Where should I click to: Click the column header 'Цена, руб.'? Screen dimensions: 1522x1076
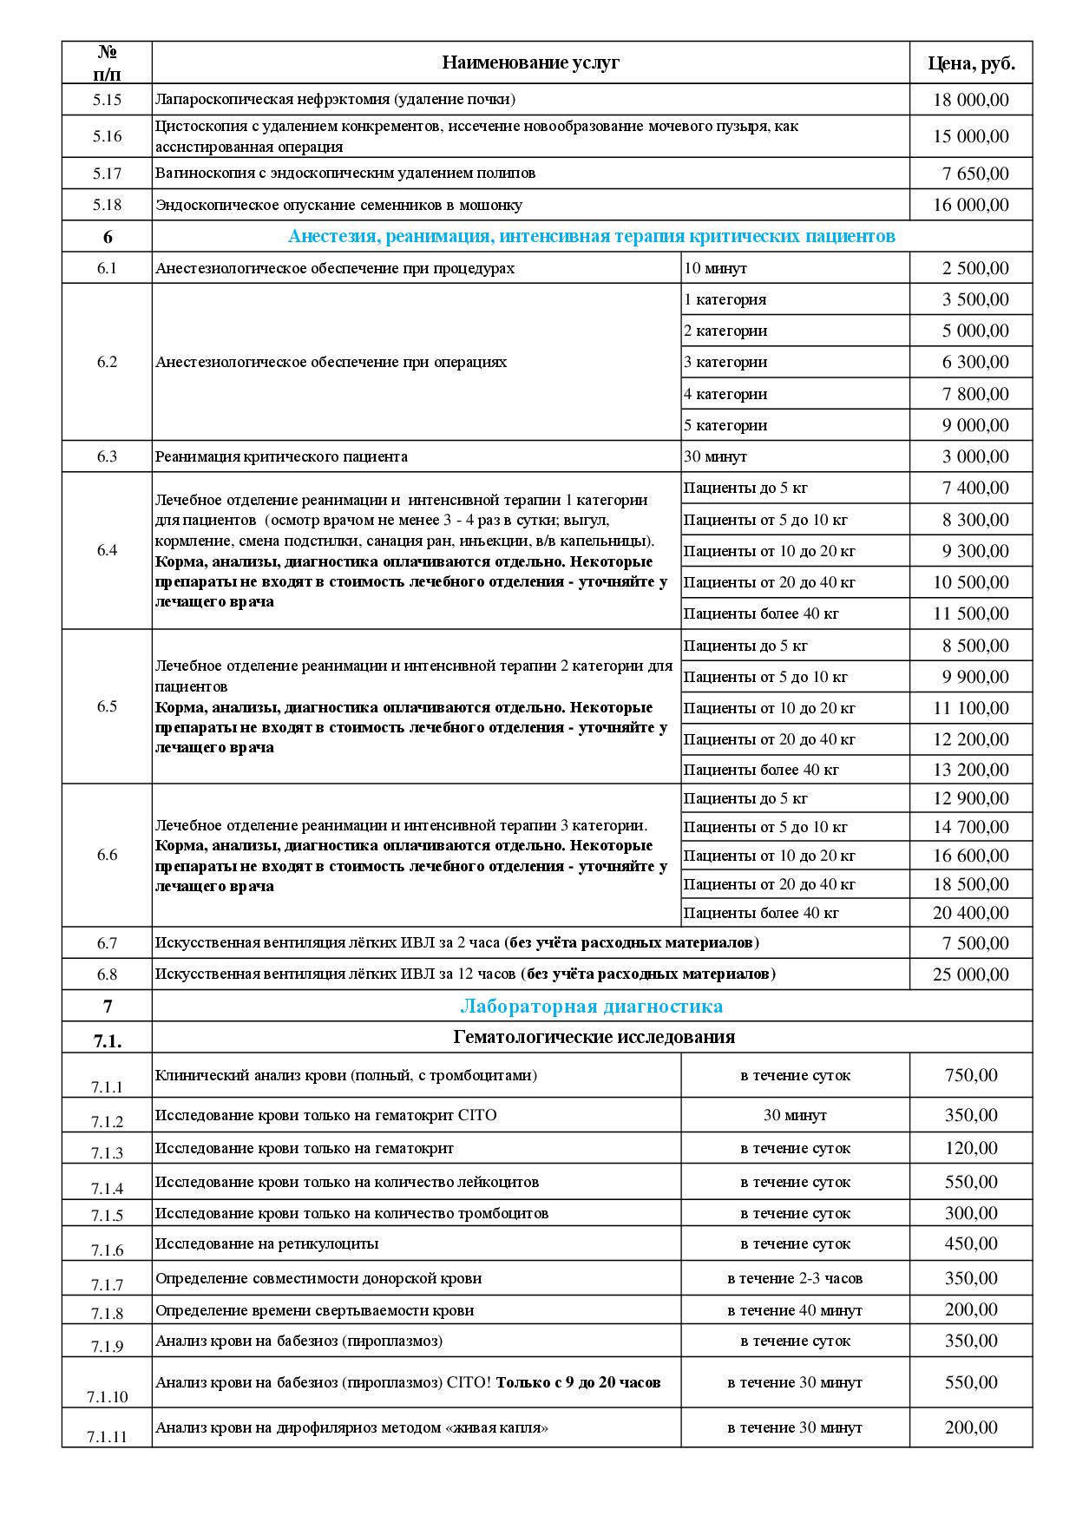click(x=971, y=62)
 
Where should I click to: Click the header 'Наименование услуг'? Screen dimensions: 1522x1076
click(x=530, y=62)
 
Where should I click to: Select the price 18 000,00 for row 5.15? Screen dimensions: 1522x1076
click(x=971, y=100)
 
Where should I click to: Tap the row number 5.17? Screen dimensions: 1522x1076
click(x=107, y=174)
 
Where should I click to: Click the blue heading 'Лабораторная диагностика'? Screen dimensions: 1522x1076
click(x=591, y=1007)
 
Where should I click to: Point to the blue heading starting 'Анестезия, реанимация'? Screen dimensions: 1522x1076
click(x=591, y=237)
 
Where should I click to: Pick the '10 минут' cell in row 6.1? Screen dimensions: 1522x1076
click(x=716, y=268)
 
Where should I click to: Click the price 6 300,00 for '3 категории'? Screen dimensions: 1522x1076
click(x=975, y=363)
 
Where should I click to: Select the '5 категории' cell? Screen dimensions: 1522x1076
click(x=725, y=425)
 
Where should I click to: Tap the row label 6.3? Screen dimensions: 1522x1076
click(x=107, y=456)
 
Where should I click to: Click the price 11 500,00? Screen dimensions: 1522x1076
click(x=971, y=614)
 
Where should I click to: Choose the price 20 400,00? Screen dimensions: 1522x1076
click(x=971, y=913)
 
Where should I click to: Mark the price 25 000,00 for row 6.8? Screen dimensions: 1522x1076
click(x=971, y=974)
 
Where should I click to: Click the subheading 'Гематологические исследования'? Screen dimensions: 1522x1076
click(x=594, y=1037)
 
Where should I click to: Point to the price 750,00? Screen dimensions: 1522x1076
click(x=971, y=1076)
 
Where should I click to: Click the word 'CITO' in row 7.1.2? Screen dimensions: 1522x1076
click(x=478, y=1115)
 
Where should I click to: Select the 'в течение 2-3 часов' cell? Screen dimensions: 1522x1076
click(x=795, y=1278)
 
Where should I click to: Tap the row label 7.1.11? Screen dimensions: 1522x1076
click(x=107, y=1437)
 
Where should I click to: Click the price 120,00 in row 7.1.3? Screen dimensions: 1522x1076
click(x=971, y=1149)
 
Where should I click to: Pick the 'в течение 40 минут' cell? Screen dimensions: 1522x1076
click(x=795, y=1310)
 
